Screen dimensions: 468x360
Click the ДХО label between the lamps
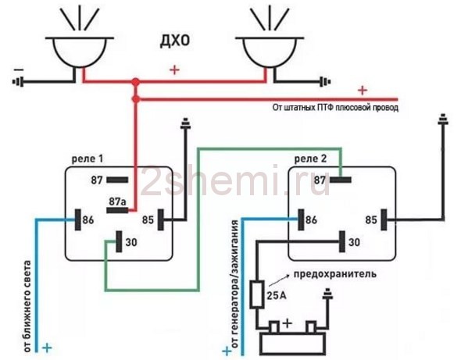coord(175,41)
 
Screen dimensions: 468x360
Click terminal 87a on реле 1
coord(117,210)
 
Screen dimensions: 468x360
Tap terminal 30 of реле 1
coord(119,241)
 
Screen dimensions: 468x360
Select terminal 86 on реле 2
coord(301,219)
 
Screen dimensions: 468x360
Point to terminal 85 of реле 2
coord(384,219)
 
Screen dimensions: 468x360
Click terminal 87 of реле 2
coord(340,180)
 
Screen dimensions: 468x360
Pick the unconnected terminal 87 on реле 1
coord(117,180)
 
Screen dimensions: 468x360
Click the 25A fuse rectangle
coord(257,294)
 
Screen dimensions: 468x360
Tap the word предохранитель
coord(335,274)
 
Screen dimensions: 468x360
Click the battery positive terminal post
coord(274,327)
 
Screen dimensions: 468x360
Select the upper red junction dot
coord(136,81)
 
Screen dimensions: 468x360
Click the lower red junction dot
coord(136,99)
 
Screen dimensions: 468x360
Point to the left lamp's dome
coord(80,52)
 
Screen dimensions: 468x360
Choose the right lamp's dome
coord(270,52)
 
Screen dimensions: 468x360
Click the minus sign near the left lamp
coord(19,70)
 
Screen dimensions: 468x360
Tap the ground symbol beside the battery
coord(327,294)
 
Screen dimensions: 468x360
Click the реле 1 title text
coord(88,159)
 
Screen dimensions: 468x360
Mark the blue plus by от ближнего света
coord(47,348)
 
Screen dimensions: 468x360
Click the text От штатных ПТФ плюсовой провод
coord(335,107)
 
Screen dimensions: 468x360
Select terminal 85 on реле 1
coord(161,219)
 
